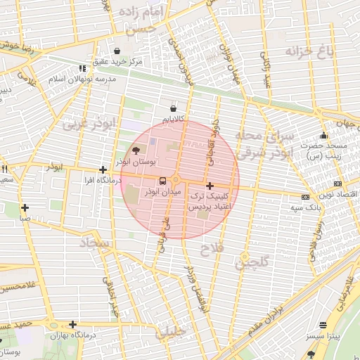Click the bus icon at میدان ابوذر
click(162, 180)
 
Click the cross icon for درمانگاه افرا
click(103, 169)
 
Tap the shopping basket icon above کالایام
click(173, 108)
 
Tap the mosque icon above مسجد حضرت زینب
click(323, 135)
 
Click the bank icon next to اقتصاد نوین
click(305, 197)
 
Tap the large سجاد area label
click(96, 243)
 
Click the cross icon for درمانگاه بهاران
click(72, 324)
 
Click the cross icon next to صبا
click(25, 207)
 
